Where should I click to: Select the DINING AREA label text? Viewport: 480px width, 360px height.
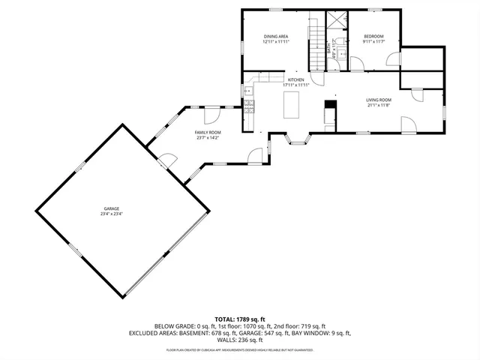click(275, 36)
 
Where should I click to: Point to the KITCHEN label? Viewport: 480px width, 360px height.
click(296, 79)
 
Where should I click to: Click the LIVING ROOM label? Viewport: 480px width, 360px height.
click(379, 100)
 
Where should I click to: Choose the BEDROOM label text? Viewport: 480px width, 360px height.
click(373, 36)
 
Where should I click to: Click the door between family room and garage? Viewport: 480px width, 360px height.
click(167, 159)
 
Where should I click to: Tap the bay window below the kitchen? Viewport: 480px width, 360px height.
click(298, 140)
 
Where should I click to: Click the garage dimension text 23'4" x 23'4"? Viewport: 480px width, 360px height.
click(112, 214)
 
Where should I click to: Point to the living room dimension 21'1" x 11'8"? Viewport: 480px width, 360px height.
click(379, 106)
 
